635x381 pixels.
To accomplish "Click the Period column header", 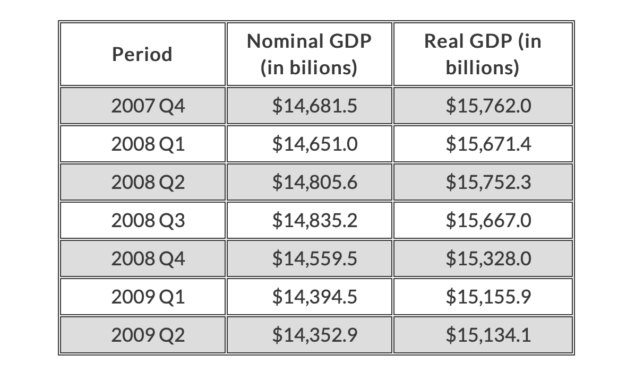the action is click(142, 54).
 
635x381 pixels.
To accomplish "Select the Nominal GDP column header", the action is click(309, 54).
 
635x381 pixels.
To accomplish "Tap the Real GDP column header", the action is click(482, 54).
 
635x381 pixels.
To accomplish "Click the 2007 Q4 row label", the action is click(148, 106).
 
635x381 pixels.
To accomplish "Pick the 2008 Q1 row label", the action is click(148, 144).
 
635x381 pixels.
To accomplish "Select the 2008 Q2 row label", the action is click(148, 182).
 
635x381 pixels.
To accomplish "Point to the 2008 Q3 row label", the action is click(148, 220).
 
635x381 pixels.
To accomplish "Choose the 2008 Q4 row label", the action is click(148, 258).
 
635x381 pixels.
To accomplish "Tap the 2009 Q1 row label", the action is click(148, 297).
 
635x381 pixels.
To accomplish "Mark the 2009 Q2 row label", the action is click(148, 335).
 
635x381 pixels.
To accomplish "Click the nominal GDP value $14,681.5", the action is click(315, 106).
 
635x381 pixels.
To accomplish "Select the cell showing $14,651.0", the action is click(315, 144).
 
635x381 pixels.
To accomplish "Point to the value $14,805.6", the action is click(315, 182).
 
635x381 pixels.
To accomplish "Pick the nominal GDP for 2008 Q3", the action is click(315, 220).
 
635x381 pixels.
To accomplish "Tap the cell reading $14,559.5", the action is click(315, 258).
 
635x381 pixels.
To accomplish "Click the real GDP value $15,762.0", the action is click(488, 106).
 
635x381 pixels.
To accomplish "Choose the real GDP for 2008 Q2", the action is click(488, 182).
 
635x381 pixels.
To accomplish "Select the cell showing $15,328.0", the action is click(488, 258).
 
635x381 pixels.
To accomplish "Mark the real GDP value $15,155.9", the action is click(488, 297).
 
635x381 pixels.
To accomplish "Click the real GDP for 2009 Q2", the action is click(488, 335).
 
